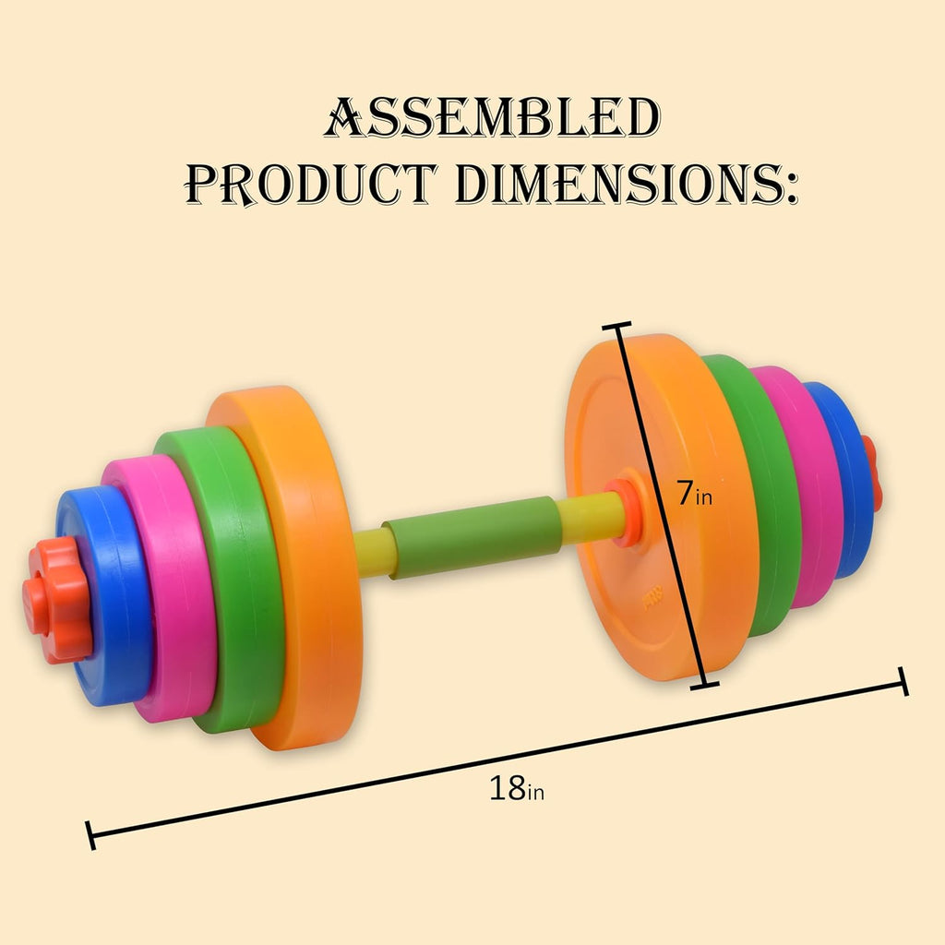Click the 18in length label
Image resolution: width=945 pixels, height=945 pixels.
click(516, 789)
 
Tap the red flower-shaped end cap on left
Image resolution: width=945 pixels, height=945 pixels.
click(57, 599)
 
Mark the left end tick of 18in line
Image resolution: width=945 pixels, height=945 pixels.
click(90, 834)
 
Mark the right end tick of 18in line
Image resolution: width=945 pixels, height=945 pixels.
click(903, 682)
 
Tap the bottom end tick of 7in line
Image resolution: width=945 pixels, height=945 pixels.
click(704, 684)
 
